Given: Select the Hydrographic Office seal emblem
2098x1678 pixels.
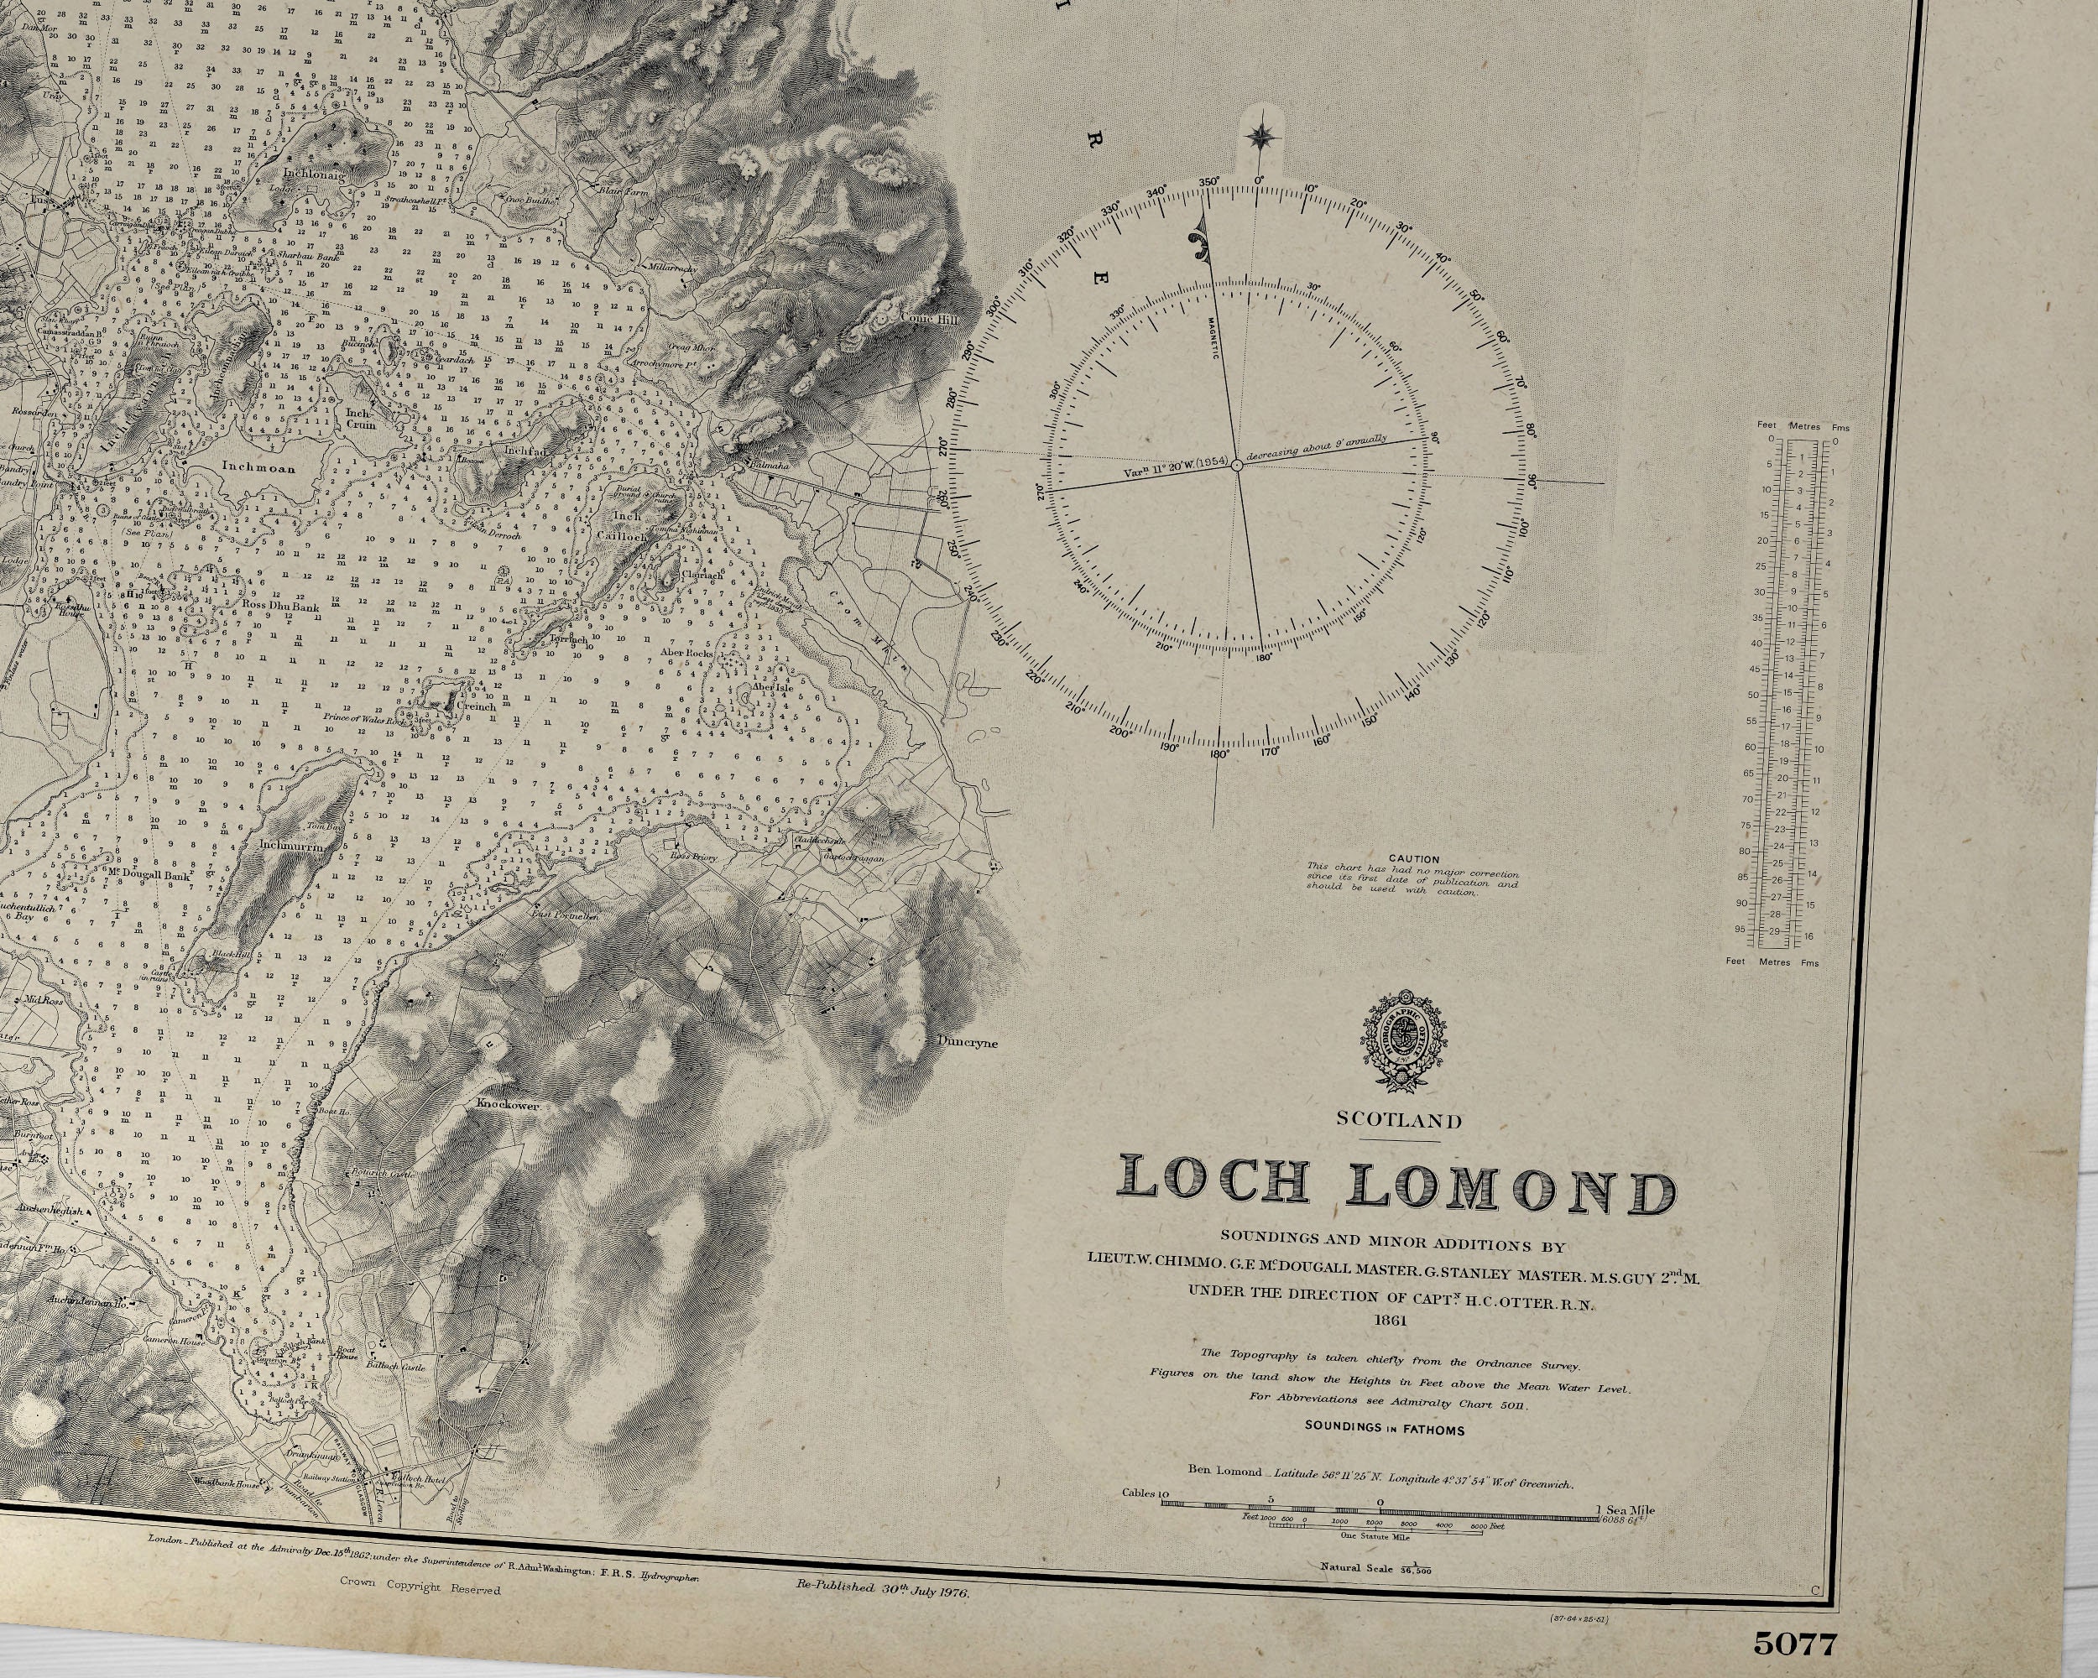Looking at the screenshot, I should (1401, 1042).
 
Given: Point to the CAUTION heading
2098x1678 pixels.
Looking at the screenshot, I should (1414, 859).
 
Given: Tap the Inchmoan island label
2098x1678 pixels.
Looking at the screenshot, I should (258, 466).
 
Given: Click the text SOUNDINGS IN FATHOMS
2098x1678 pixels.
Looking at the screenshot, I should (1385, 1430).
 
